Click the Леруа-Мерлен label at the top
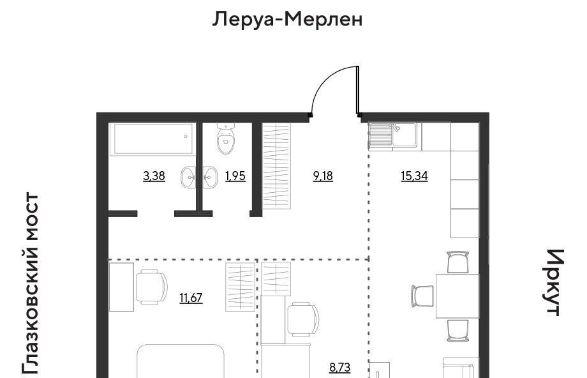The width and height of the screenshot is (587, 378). pyautogui.click(x=287, y=19)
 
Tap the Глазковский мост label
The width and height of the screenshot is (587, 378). pyautogui.click(x=30, y=283)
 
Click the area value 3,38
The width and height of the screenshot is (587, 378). pyautogui.click(x=154, y=176)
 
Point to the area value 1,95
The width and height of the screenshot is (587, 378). pyautogui.click(x=235, y=176)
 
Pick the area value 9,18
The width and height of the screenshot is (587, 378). pyautogui.click(x=323, y=176)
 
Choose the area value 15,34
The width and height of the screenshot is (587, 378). pyautogui.click(x=414, y=176)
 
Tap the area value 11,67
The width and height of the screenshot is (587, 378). pyautogui.click(x=191, y=298)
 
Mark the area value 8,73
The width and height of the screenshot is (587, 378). pyautogui.click(x=340, y=368)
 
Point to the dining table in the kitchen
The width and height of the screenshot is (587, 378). pyautogui.click(x=457, y=296)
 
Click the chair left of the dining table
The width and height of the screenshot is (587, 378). pyautogui.click(x=422, y=296)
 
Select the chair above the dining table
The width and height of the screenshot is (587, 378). pyautogui.click(x=458, y=262)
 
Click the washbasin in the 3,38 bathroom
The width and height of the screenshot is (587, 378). pyautogui.click(x=189, y=178)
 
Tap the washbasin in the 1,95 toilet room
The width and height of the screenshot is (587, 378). pyautogui.click(x=210, y=178)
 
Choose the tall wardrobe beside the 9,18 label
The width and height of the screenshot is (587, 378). pyautogui.click(x=277, y=166)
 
